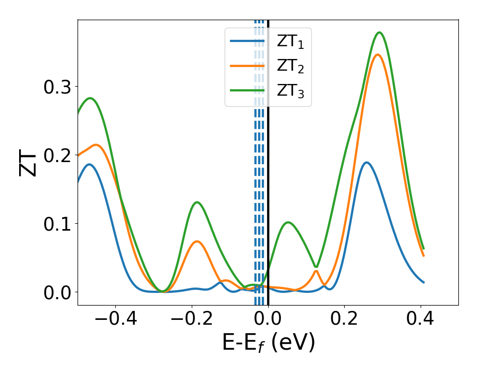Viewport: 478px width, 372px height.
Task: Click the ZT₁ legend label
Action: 290,42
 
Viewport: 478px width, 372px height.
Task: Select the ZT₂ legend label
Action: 290,66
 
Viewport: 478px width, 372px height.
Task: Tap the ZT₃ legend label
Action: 290,91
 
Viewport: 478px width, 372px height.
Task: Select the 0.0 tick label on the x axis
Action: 268,319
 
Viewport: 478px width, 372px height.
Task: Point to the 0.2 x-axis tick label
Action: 344,319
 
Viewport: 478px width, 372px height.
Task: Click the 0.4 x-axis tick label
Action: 421,319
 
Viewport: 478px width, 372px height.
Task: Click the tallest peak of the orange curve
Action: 378,55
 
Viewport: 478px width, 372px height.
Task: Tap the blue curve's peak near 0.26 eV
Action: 366,163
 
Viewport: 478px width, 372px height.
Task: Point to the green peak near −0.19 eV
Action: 197,202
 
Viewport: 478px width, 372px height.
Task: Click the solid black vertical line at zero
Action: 268,159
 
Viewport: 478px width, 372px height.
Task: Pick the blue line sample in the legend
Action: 247,41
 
